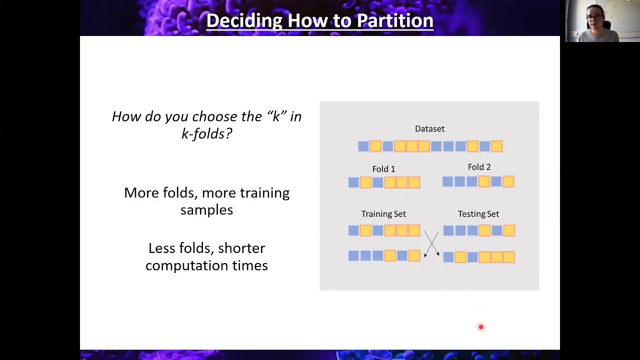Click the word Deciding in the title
point(244,20)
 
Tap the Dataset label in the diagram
point(429,129)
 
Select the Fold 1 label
point(383,169)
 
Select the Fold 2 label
point(479,167)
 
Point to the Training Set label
point(383,214)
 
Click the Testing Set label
point(478,214)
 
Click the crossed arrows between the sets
point(431,243)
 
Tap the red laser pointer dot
point(481,327)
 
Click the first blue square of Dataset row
point(363,146)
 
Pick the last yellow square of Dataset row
point(496,146)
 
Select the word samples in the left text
point(206,210)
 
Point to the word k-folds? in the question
point(206,133)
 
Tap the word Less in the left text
point(161,248)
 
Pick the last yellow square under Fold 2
point(508,182)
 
